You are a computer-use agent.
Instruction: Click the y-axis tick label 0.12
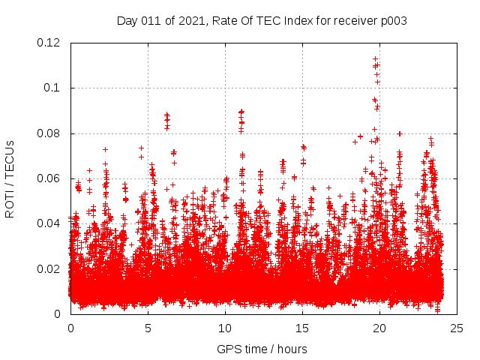coord(49,43)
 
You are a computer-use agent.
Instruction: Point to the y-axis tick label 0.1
coord(53,88)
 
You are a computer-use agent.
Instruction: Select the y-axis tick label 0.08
coord(49,133)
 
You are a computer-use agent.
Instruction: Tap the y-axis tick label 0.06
coord(49,178)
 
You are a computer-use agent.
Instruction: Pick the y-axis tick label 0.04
coord(49,223)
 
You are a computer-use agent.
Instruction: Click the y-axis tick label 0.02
coord(49,268)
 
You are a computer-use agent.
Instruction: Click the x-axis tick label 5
coord(148,328)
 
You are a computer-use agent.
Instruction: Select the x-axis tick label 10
coord(225,328)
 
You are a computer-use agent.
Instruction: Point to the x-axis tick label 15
coord(302,328)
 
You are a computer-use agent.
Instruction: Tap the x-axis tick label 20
coord(379,328)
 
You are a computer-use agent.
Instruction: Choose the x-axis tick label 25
coord(457,328)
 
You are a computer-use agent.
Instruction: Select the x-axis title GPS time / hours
coord(262,349)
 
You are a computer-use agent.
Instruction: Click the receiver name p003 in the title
coord(394,21)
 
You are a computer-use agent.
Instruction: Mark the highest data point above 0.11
coord(375,58)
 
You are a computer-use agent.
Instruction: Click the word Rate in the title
coord(221,21)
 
